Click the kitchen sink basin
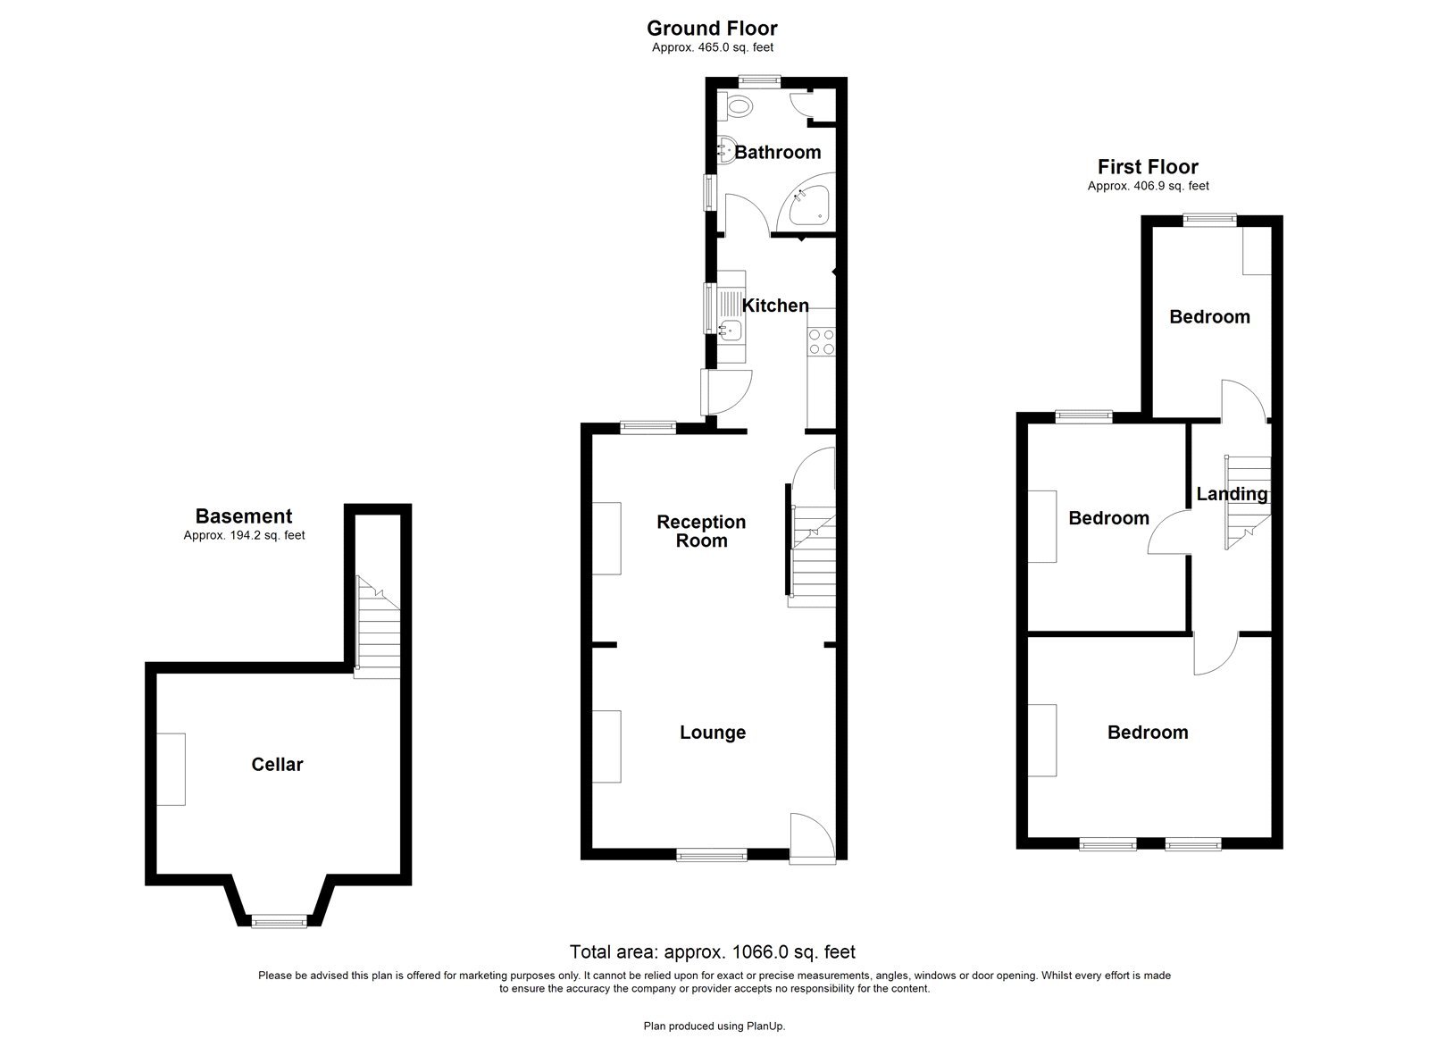tap(731, 331)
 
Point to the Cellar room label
tap(277, 765)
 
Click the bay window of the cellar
tap(278, 920)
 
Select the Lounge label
tap(712, 733)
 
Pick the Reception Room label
tap(701, 532)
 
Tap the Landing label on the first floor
tap(1232, 494)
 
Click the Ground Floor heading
tap(712, 29)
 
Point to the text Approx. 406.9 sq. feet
tap(1148, 187)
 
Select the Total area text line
tap(712, 951)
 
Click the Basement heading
tap(244, 516)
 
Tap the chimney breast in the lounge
tap(607, 746)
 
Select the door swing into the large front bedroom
tap(1215, 654)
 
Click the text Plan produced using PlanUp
tap(714, 1026)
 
